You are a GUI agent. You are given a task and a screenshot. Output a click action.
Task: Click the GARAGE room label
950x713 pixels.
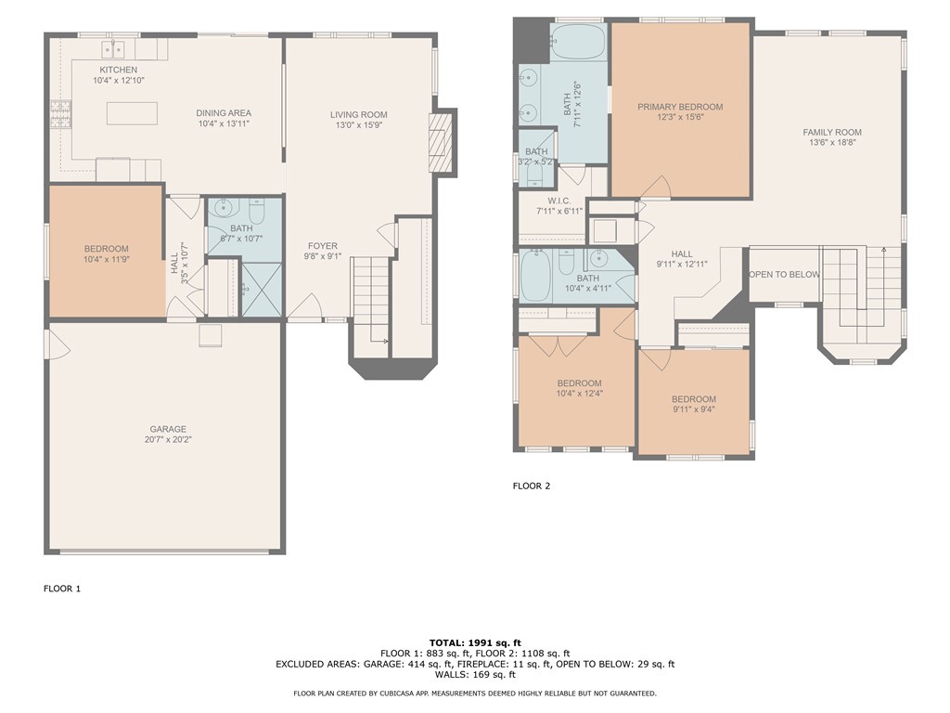pos(168,429)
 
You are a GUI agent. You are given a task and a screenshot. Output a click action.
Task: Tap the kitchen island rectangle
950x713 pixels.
pos(132,113)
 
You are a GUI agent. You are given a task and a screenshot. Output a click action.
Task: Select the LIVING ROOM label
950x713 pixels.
pos(359,115)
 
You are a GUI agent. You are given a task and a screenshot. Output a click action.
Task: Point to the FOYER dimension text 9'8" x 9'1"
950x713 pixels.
pos(322,257)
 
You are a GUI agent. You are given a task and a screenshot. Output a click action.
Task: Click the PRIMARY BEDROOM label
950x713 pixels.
pos(680,107)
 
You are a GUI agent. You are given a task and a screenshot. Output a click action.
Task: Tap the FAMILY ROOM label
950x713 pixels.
pos(832,133)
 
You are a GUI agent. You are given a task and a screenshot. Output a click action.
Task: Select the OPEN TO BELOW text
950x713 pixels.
pos(784,275)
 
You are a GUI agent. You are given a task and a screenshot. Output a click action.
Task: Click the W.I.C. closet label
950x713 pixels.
pos(559,201)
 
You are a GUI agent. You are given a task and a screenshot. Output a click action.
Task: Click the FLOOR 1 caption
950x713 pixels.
pos(62,589)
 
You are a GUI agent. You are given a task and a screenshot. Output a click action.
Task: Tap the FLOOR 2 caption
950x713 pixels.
pos(532,486)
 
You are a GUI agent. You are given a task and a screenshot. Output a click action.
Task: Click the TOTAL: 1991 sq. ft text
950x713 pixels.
pos(475,642)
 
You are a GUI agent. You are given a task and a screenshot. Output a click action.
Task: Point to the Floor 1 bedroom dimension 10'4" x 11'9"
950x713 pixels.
pos(106,260)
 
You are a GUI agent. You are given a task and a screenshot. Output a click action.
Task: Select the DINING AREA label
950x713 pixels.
pos(223,112)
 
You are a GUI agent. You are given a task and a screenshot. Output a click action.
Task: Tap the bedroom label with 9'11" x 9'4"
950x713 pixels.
pos(694,399)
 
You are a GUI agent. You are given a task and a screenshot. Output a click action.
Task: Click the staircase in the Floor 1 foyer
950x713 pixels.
pos(370,297)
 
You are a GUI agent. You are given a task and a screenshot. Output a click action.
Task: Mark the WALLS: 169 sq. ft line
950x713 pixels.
pos(475,675)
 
